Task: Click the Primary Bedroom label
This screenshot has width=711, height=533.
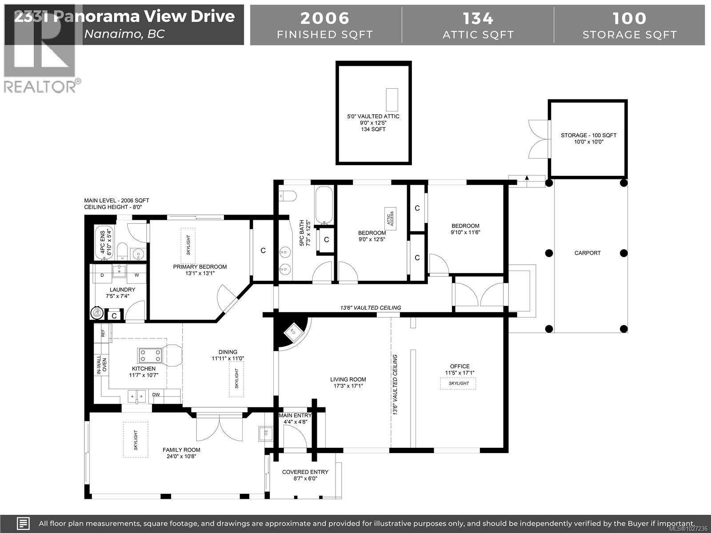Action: pos(200,267)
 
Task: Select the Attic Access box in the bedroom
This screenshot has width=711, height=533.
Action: pos(390,218)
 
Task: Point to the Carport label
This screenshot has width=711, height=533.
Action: pos(587,253)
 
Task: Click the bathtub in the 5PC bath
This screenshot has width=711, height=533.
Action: pos(324,205)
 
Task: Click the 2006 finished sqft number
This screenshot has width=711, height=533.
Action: pos(325,18)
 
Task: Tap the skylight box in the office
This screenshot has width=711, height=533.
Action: pos(458,383)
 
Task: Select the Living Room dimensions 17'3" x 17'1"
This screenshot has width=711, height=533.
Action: pos(348,386)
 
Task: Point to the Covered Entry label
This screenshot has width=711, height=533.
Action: pos(305,472)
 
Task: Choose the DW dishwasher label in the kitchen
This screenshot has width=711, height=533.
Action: pos(156,394)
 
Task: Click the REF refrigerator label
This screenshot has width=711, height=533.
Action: pos(103,333)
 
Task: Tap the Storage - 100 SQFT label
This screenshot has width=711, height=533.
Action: pos(588,135)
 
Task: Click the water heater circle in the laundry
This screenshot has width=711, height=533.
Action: pos(96,314)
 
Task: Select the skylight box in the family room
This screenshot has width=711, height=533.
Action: pos(136,440)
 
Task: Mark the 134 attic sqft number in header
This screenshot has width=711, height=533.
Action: pos(478,18)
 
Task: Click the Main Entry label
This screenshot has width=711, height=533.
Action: pos(295,416)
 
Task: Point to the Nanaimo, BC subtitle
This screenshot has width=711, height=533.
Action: pos(124,34)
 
